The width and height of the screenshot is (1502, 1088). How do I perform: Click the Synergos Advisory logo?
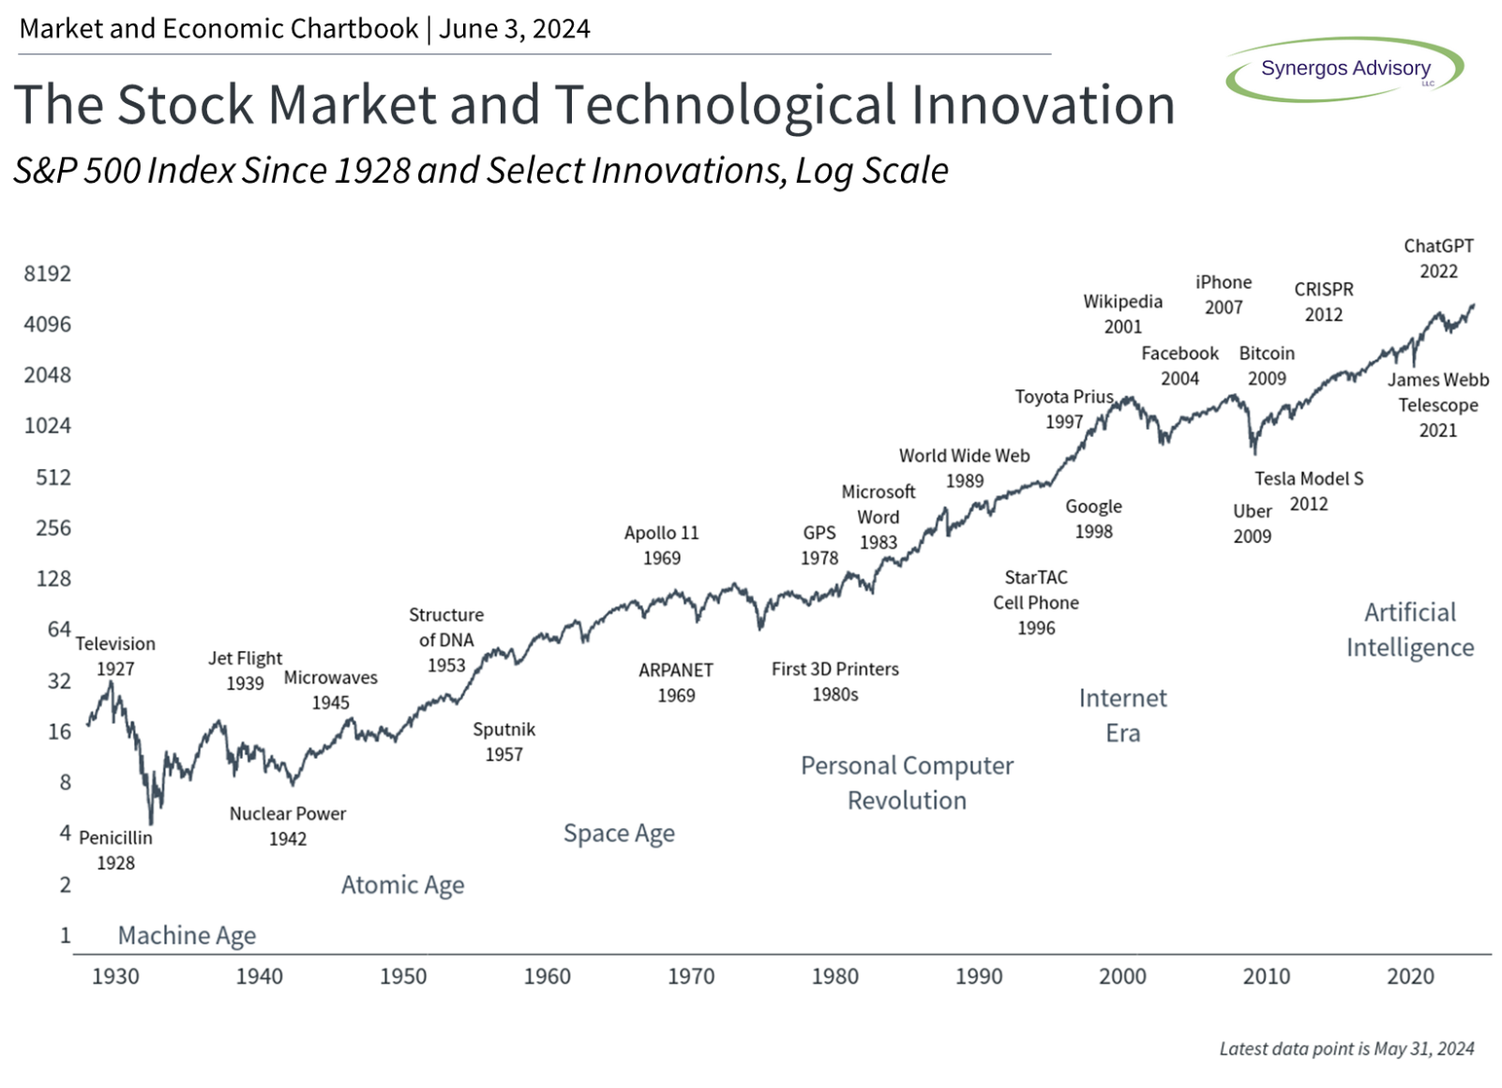[1344, 68]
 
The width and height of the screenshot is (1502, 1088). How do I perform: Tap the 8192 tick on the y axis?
[48, 274]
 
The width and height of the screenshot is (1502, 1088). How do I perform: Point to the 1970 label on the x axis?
[691, 976]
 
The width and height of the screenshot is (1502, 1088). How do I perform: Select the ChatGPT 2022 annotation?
[1438, 259]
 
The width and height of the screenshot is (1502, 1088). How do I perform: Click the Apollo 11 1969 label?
[662, 545]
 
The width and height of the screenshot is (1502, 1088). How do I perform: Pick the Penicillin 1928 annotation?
[115, 850]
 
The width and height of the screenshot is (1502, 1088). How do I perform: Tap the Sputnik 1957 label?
[504, 742]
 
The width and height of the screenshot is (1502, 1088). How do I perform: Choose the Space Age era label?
[619, 833]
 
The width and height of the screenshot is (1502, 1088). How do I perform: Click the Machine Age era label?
[187, 935]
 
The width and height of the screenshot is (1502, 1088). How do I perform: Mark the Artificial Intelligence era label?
[1410, 630]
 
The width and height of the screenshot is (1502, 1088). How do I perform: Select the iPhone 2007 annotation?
[1224, 295]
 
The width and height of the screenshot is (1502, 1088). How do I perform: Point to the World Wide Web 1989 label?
[965, 468]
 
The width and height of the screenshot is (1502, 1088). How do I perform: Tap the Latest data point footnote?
[1346, 1049]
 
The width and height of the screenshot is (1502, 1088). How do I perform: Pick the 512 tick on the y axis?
[53, 477]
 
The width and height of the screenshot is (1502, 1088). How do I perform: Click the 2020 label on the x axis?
[1410, 976]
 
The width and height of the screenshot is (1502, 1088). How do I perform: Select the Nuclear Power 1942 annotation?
[288, 826]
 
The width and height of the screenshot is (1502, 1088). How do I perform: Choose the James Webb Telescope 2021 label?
[1438, 405]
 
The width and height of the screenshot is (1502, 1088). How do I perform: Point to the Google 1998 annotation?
[1093, 519]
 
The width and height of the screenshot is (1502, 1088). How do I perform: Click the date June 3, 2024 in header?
[515, 29]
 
